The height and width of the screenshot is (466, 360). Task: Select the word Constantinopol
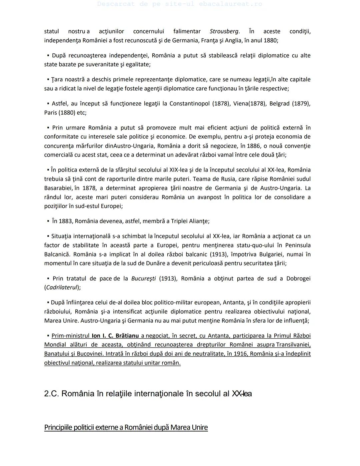point(189,103)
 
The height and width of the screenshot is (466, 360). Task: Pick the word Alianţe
point(199,221)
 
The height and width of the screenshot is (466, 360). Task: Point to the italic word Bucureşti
point(143,279)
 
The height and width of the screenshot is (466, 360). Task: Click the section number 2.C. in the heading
point(51,394)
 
